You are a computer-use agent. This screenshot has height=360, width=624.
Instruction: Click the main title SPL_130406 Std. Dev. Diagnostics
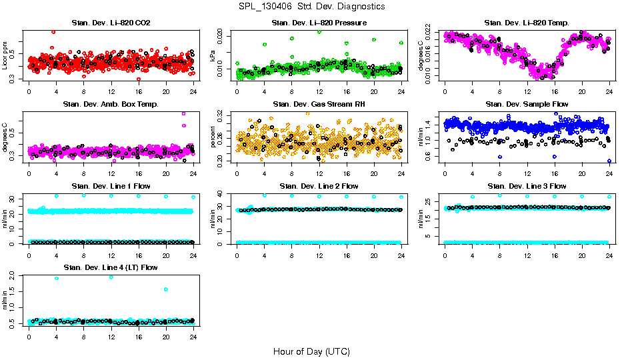[311, 6]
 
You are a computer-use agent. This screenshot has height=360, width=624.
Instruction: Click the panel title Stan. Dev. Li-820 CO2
[111, 23]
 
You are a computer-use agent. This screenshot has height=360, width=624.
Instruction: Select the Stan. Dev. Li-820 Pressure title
[319, 23]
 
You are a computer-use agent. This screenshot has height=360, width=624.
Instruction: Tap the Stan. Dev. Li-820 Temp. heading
[527, 23]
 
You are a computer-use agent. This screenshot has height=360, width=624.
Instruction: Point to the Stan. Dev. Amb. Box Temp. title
[111, 105]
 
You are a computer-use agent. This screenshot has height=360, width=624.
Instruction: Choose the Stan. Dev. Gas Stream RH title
[319, 105]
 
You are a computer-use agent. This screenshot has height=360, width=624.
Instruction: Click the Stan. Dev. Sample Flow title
[527, 105]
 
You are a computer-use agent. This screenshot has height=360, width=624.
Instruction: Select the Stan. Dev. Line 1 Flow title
[111, 186]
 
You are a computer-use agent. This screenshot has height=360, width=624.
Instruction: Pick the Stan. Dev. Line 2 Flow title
[319, 186]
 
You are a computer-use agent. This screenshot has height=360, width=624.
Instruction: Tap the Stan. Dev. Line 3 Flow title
[527, 186]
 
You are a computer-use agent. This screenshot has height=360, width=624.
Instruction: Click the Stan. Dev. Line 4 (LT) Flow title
[111, 267]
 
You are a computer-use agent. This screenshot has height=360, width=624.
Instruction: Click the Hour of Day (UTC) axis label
[311, 351]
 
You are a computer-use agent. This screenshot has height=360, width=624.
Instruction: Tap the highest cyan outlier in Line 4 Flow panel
[56, 278]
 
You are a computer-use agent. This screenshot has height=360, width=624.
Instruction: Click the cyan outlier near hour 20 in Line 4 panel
[165, 289]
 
